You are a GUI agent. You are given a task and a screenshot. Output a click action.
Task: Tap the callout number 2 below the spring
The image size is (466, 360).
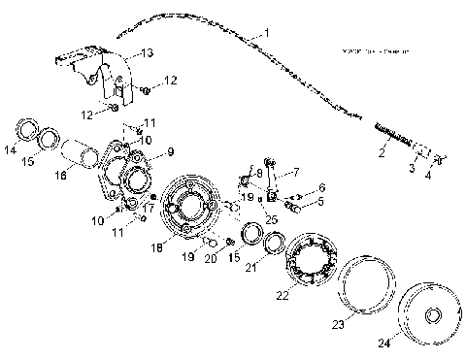tap(382, 153)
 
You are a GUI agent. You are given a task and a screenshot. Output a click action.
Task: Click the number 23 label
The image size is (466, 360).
tap(338, 327)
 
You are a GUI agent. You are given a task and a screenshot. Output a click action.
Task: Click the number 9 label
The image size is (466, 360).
tap(170, 151)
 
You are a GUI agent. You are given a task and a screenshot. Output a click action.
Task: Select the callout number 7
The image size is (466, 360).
tap(296, 172)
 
